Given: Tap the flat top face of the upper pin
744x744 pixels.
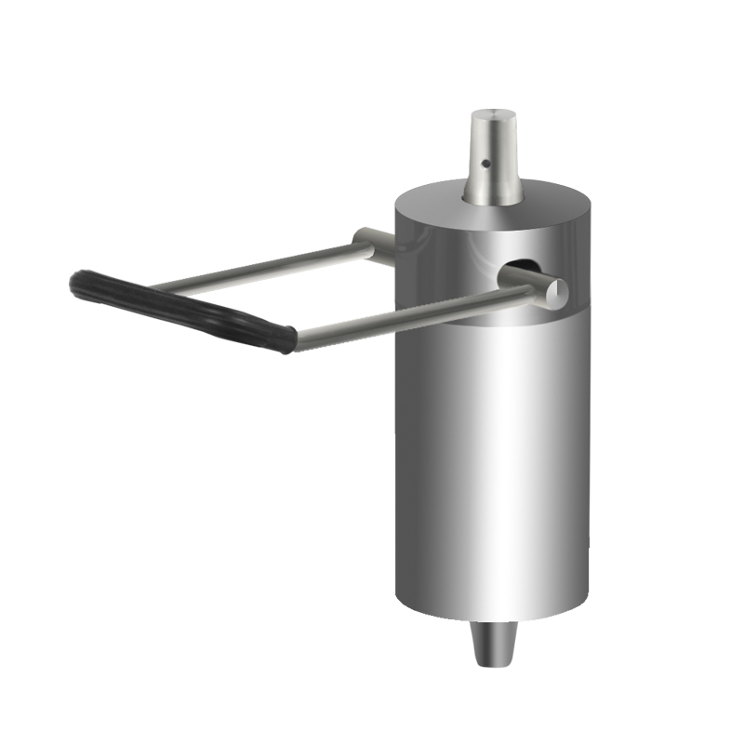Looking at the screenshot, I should [x=493, y=114].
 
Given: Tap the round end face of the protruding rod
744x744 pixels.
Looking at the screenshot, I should [x=554, y=291].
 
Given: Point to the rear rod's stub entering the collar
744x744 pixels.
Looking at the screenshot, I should [x=377, y=239].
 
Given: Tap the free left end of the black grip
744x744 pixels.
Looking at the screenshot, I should [x=79, y=282].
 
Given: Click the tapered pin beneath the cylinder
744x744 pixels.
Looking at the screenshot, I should [x=494, y=642].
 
